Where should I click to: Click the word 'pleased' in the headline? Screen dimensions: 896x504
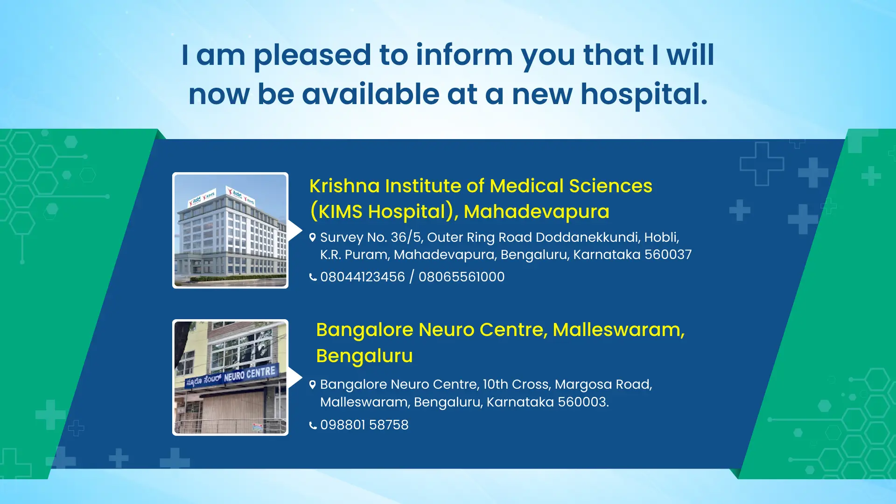[312, 56]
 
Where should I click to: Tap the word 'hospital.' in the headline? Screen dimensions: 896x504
[644, 95]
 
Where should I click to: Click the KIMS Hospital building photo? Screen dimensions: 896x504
[231, 231]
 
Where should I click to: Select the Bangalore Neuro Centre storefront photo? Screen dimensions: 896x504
[231, 378]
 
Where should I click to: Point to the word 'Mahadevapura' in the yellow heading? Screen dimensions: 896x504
[537, 212]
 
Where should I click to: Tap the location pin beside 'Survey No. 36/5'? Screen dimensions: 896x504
[313, 238]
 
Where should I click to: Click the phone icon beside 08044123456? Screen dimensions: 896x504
[313, 277]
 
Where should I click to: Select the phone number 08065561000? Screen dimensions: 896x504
[462, 277]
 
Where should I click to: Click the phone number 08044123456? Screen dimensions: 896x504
[363, 277]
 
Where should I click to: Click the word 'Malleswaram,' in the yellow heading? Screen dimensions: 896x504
[619, 330]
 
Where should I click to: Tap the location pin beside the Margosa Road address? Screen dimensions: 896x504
[313, 385]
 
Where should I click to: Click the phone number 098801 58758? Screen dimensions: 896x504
[364, 425]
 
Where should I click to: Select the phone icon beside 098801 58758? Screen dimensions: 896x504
[313, 425]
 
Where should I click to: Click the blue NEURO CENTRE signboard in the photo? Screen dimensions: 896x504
[231, 376]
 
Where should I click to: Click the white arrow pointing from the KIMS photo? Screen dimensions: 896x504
[295, 231]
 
